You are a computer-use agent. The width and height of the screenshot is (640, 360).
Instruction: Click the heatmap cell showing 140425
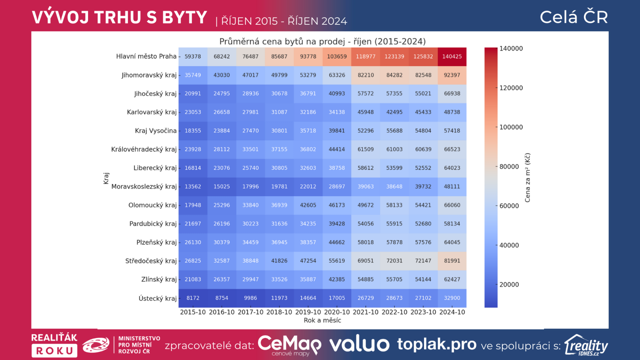tap(452, 56)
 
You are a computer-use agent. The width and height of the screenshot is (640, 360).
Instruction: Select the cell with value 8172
tap(193, 298)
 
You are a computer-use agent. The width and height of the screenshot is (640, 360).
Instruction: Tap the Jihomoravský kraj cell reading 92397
tap(452, 75)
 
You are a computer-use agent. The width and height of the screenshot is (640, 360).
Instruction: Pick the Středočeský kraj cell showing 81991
tap(452, 261)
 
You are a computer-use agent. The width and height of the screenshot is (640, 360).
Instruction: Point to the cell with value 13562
tap(193, 186)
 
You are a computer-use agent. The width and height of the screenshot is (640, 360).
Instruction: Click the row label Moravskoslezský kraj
tap(144, 186)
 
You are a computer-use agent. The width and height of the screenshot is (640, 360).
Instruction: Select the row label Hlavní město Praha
tap(146, 56)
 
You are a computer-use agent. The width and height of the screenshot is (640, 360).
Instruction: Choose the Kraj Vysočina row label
tap(156, 131)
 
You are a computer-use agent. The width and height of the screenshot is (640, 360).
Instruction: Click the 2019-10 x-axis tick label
tap(308, 312)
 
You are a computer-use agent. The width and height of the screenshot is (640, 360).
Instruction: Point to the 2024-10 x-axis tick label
tap(452, 312)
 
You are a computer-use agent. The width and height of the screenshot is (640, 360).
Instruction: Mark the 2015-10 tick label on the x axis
tap(193, 312)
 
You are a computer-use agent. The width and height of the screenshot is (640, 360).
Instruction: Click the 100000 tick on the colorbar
tap(511, 127)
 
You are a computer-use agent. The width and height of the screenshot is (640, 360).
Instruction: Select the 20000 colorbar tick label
tap(509, 284)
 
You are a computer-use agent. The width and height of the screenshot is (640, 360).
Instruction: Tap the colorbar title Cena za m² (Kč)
tap(528, 178)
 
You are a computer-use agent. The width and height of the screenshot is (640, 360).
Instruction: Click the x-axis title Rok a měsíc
tap(322, 320)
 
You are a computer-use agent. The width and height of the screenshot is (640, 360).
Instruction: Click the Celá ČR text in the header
tap(574, 17)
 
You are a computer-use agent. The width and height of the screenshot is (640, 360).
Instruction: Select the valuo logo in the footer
tap(359, 344)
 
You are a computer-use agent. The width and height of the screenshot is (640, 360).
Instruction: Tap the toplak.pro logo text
tap(436, 344)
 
